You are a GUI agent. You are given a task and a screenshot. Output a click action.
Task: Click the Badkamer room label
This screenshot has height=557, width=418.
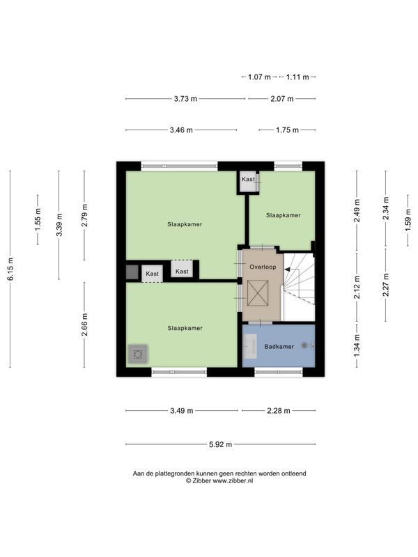(x=279, y=346)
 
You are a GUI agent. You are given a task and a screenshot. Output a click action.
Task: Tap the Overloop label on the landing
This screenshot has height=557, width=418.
(x=263, y=267)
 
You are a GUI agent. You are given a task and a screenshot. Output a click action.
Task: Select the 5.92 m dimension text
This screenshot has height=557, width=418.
(x=220, y=444)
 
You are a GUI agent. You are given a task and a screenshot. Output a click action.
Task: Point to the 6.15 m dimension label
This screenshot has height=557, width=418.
(x=10, y=269)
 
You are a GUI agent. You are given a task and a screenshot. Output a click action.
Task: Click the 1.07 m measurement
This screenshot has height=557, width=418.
(x=259, y=77)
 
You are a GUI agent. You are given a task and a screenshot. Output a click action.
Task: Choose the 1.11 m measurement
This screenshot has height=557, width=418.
(x=297, y=77)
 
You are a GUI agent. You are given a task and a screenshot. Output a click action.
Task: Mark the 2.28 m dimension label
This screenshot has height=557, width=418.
(x=279, y=411)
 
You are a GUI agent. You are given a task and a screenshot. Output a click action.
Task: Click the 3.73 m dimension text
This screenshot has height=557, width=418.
(x=185, y=99)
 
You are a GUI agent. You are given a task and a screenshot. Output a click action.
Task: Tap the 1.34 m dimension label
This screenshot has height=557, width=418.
(x=357, y=345)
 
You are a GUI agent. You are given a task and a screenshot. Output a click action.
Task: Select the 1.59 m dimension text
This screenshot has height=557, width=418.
(x=408, y=219)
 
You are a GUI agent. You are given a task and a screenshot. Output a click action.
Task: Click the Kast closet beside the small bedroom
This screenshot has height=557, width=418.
(x=249, y=182)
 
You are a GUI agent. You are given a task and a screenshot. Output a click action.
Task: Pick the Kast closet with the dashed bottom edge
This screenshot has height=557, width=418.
(x=152, y=274)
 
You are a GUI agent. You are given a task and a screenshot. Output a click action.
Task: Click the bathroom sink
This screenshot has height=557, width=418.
(x=250, y=345)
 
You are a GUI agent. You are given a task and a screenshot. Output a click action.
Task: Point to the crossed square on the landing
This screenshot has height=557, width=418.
(x=258, y=292)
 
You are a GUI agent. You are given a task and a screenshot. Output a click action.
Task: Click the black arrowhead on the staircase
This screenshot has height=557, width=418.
(x=287, y=269)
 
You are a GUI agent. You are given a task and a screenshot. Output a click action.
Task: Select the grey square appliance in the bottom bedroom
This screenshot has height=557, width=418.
(x=138, y=354)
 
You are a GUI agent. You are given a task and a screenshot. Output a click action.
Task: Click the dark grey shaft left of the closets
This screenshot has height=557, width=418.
(x=132, y=272)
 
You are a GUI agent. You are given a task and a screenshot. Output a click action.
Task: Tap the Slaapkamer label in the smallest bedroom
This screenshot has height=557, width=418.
(x=284, y=215)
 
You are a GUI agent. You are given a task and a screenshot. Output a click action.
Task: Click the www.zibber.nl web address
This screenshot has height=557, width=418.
(x=233, y=481)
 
